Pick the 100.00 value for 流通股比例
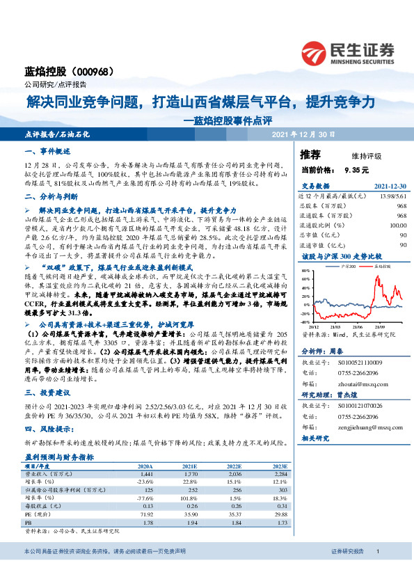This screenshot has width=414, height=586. tap(397, 225)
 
